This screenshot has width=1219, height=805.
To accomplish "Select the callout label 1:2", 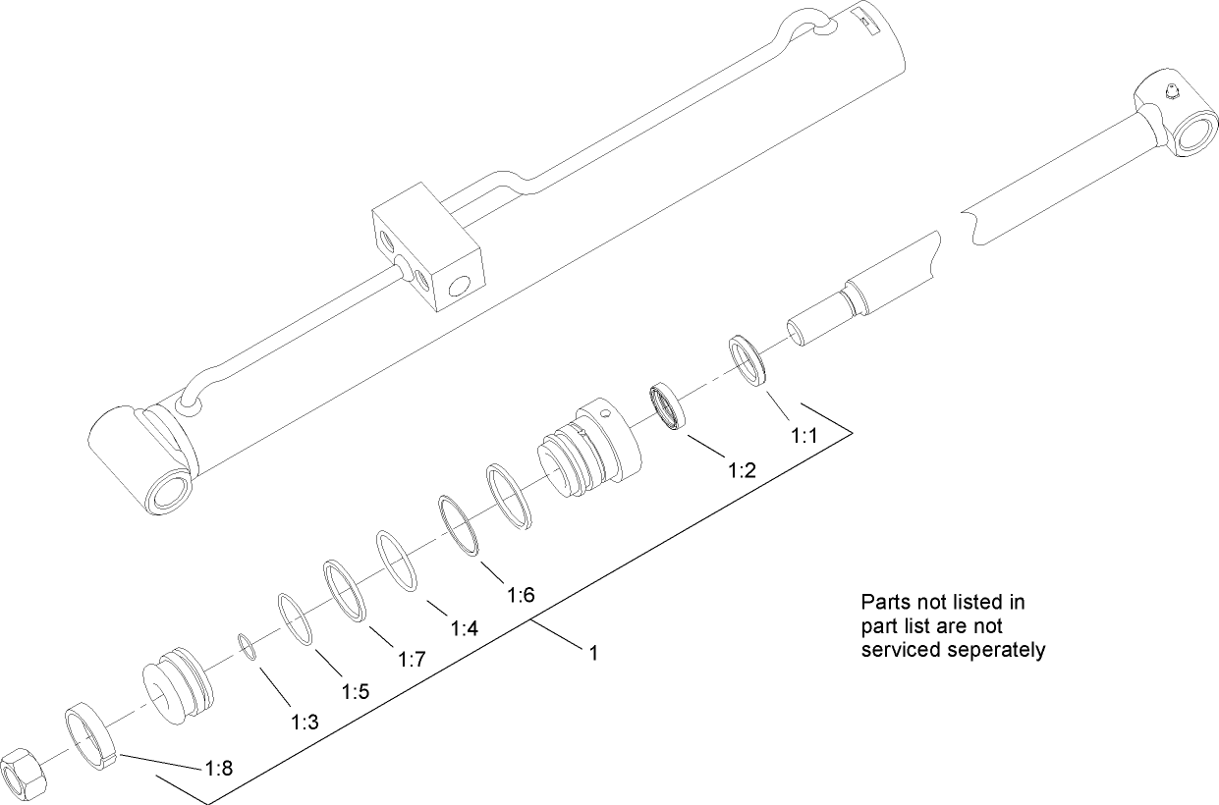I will (x=741, y=470).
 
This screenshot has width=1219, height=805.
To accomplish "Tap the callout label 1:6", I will (x=521, y=594).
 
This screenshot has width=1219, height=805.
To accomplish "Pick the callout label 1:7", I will (x=412, y=660).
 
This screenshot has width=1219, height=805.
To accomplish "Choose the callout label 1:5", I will (x=355, y=691).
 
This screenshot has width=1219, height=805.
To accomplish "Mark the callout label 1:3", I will (x=305, y=723).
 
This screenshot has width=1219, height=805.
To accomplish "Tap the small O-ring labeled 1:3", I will (x=248, y=649).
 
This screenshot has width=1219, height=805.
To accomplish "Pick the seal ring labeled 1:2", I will (x=668, y=406).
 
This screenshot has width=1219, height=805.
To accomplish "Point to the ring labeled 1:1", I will (x=749, y=360).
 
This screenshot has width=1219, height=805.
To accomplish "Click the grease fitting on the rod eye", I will (x=1168, y=93).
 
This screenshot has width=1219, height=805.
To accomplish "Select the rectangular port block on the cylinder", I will (x=427, y=252).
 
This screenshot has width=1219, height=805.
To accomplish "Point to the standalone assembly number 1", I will (x=593, y=650).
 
